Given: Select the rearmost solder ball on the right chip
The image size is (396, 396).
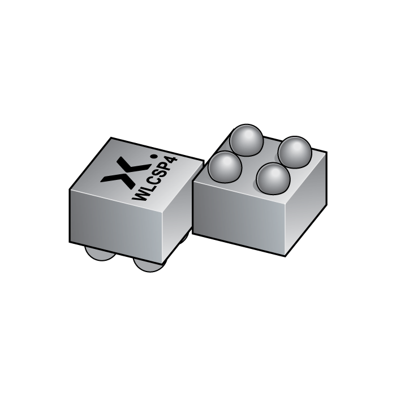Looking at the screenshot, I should pyautogui.click(x=247, y=140).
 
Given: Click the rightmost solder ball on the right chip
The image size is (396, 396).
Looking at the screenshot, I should pyautogui.click(x=295, y=152).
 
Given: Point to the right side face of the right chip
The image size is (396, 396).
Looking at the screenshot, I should pyautogui.click(x=305, y=204).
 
